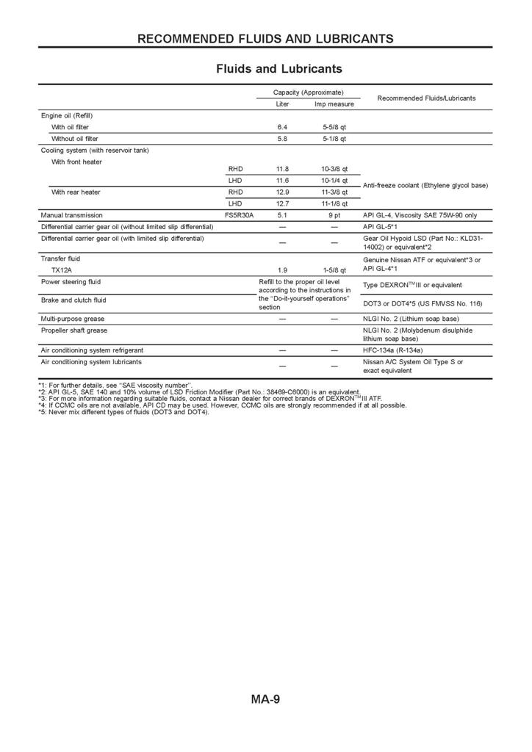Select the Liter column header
pyautogui.click(x=282, y=104)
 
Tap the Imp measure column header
pyautogui.click(x=334, y=104)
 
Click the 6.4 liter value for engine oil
pyautogui.click(x=282, y=127)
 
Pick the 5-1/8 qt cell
pyautogui.click(x=334, y=138)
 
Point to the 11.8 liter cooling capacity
pyautogui.click(x=282, y=169)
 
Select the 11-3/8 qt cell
pyautogui.click(x=334, y=192)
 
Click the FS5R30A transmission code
pyautogui.click(x=239, y=215)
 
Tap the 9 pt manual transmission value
pyautogui.click(x=334, y=215)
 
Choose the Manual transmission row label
pyautogui.click(x=72, y=215)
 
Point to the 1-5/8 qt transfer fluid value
pyautogui.click(x=334, y=270)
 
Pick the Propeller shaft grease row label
pyautogui.click(x=74, y=330)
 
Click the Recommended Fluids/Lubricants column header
pyautogui.click(x=425, y=98)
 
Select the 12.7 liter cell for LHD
pyautogui.click(x=282, y=203)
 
